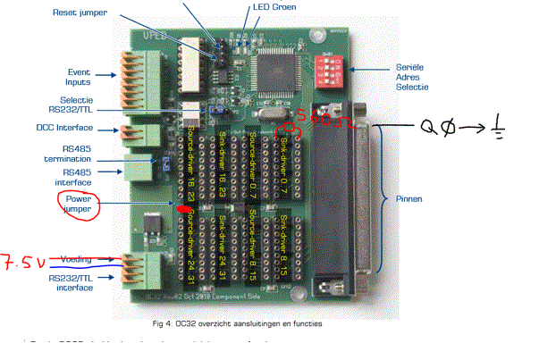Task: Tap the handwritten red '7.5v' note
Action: coord(21,263)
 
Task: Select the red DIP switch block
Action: coord(332,67)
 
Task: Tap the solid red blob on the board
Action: coord(185,209)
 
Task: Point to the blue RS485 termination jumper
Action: coord(165,163)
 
